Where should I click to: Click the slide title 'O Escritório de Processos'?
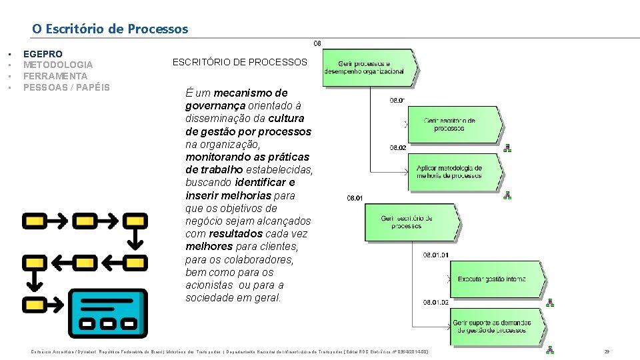(110, 29)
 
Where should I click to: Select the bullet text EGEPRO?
(43, 54)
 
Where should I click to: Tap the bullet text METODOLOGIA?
(58, 65)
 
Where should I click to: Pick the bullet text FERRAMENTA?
(55, 76)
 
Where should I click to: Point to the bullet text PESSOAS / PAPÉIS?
(67, 87)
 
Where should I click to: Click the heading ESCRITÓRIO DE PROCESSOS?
(240, 62)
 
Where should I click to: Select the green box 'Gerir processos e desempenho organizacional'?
(369, 67)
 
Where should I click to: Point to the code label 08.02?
(397, 148)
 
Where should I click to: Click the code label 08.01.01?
(436, 255)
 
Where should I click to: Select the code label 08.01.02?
(436, 303)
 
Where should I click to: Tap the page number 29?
(607, 351)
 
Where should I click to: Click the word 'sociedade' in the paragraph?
(209, 298)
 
